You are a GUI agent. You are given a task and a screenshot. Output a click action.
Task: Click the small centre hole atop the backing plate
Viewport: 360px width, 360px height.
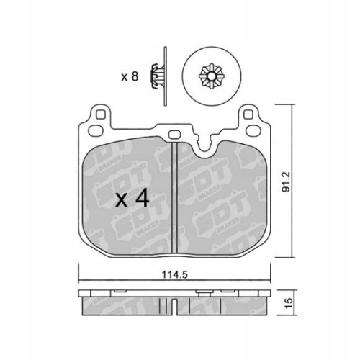tap(175, 135)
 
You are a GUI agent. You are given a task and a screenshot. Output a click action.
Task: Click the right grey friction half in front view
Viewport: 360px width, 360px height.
tap(223, 202)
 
